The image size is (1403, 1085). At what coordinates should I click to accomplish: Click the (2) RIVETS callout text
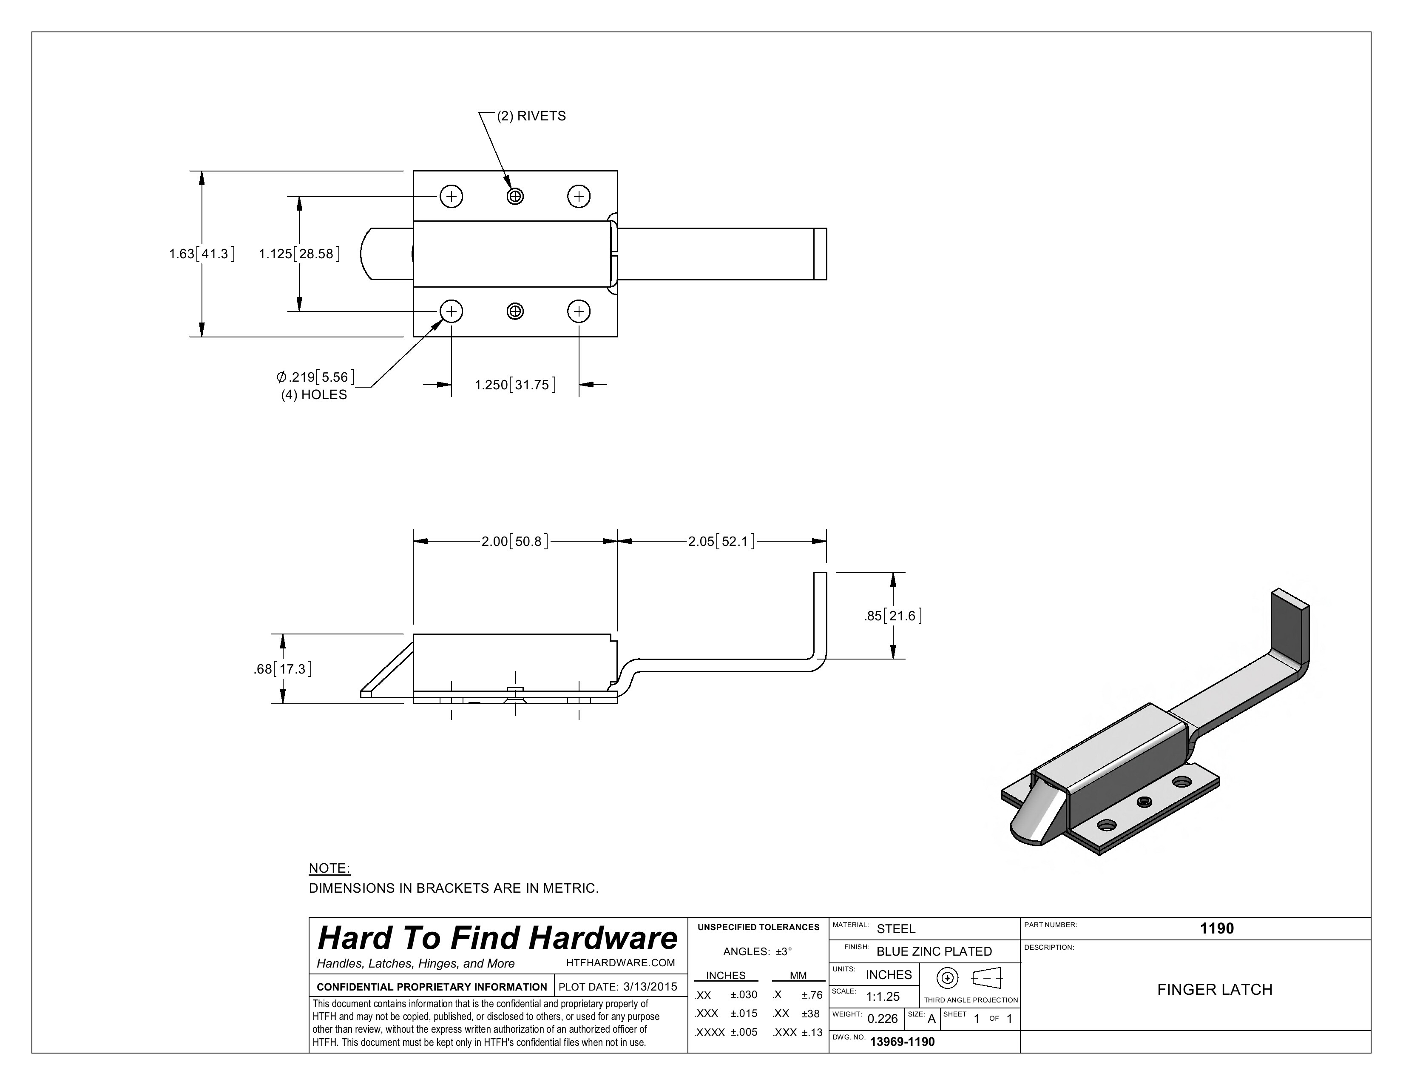coord(531,116)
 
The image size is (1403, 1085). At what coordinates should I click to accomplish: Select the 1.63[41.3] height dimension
coord(201,254)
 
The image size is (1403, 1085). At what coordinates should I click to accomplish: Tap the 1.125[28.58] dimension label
coord(299,254)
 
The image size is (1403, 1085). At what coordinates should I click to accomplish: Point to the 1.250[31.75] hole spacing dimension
coord(514,385)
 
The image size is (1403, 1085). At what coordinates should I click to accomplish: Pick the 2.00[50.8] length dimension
coord(514,541)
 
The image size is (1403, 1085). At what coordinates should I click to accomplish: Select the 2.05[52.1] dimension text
coord(721,541)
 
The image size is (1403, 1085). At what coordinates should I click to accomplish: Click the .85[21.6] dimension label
coord(893,616)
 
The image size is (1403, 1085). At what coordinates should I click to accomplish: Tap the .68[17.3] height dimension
coord(283,669)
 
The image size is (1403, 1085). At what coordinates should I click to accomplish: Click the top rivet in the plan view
coord(515,196)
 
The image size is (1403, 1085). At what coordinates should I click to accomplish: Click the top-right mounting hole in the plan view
coord(579,196)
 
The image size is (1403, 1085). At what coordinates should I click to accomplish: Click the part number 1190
coord(1217,928)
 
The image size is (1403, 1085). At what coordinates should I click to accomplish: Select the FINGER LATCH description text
coord(1214,989)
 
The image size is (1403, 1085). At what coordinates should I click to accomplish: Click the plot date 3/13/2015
coord(650,987)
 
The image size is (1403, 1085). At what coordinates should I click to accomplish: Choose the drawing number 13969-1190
coord(902,1041)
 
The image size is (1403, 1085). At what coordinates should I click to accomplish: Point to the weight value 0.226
coord(882,1019)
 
